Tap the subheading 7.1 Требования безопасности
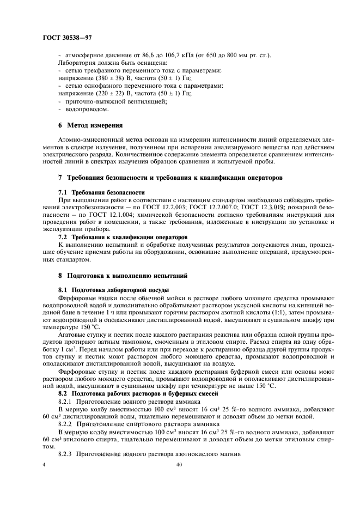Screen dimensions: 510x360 [101, 193]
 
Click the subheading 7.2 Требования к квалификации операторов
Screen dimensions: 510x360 [123, 237]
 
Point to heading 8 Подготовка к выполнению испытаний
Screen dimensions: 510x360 [123, 276]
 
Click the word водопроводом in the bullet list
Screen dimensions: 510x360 [83, 108]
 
